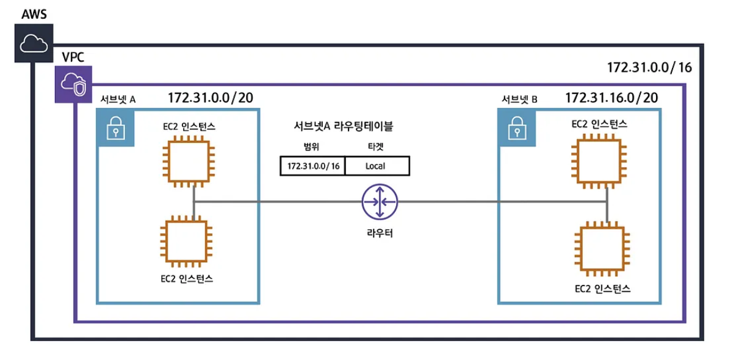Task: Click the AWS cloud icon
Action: click(34, 43)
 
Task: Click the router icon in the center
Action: click(379, 202)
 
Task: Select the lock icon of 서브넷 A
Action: click(115, 129)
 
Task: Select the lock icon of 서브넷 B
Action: click(517, 129)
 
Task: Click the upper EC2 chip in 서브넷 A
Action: click(189, 163)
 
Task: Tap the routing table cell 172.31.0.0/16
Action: click(313, 166)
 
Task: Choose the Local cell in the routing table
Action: click(377, 166)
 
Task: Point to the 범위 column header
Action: click(312, 147)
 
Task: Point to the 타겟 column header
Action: click(377, 147)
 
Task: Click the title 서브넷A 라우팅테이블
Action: click(344, 126)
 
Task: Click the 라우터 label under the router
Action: click(380, 232)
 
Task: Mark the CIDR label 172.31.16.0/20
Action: click(612, 98)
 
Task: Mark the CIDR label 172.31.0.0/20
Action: click(211, 97)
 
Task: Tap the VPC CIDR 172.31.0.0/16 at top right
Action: click(649, 67)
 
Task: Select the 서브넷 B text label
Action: click(519, 99)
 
